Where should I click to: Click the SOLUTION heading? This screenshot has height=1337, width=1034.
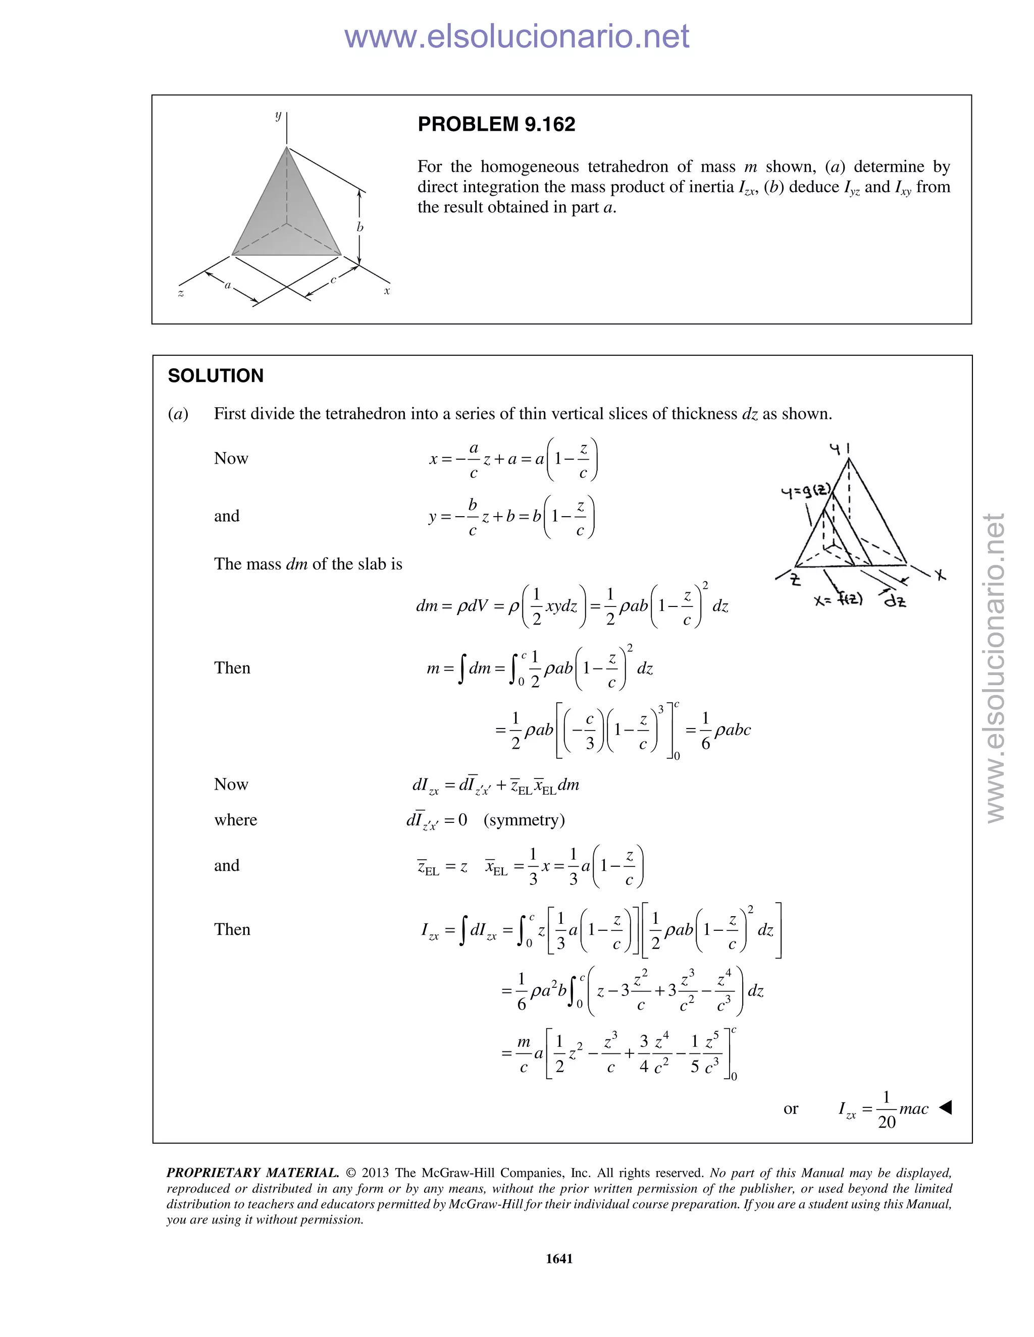(x=216, y=375)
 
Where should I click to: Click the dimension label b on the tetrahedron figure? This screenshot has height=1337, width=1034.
(x=360, y=227)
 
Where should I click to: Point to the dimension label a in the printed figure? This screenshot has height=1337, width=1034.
(x=228, y=285)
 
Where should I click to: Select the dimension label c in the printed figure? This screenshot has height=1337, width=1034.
(x=333, y=280)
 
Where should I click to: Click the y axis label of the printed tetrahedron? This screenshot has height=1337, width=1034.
(x=278, y=115)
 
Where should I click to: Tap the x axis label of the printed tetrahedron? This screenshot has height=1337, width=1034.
(x=387, y=291)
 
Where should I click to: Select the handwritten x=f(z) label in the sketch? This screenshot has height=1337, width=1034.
(x=839, y=600)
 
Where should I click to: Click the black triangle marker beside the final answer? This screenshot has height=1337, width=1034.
(x=945, y=1107)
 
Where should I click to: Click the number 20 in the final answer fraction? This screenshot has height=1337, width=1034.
(x=887, y=1122)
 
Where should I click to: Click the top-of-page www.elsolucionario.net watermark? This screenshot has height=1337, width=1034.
(x=516, y=37)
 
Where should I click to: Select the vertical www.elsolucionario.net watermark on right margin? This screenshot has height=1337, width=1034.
(x=996, y=667)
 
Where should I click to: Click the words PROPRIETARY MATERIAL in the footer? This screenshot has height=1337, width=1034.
(x=252, y=1173)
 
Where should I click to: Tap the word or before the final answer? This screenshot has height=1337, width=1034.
(x=790, y=1108)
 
